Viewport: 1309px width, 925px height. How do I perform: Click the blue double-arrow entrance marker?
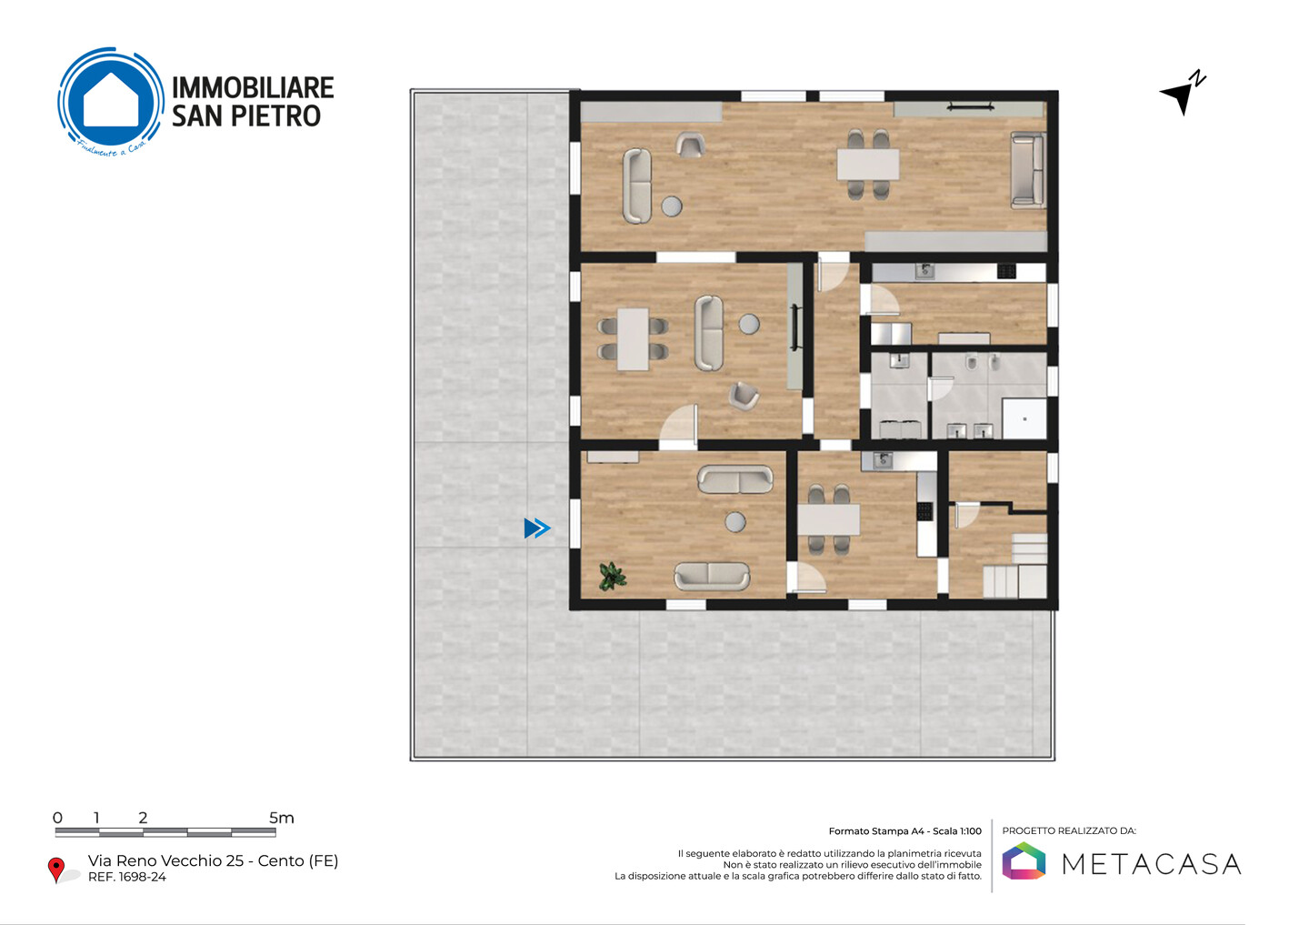(537, 528)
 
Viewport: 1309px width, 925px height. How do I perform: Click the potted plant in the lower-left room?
(612, 576)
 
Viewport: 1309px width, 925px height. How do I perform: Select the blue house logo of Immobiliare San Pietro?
(111, 100)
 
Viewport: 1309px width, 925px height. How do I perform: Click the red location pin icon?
(56, 870)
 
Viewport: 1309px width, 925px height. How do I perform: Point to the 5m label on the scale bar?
(282, 818)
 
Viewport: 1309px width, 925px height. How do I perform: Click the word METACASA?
(1151, 864)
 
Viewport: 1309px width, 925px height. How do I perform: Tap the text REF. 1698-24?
(127, 877)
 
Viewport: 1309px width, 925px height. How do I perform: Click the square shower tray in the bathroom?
(1024, 418)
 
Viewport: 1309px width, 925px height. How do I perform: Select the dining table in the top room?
(868, 165)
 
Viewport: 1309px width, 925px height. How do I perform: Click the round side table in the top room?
(672, 206)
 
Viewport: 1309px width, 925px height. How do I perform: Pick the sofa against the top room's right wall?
(1028, 170)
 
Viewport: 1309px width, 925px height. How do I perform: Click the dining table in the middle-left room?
(633, 339)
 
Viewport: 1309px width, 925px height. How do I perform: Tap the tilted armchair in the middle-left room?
(744, 396)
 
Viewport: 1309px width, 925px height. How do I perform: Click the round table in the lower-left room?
(735, 521)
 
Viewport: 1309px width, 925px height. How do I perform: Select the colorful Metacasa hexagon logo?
(1024, 860)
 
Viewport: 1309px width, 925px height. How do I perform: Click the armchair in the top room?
(690, 145)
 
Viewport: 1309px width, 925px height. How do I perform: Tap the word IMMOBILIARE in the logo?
(253, 87)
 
